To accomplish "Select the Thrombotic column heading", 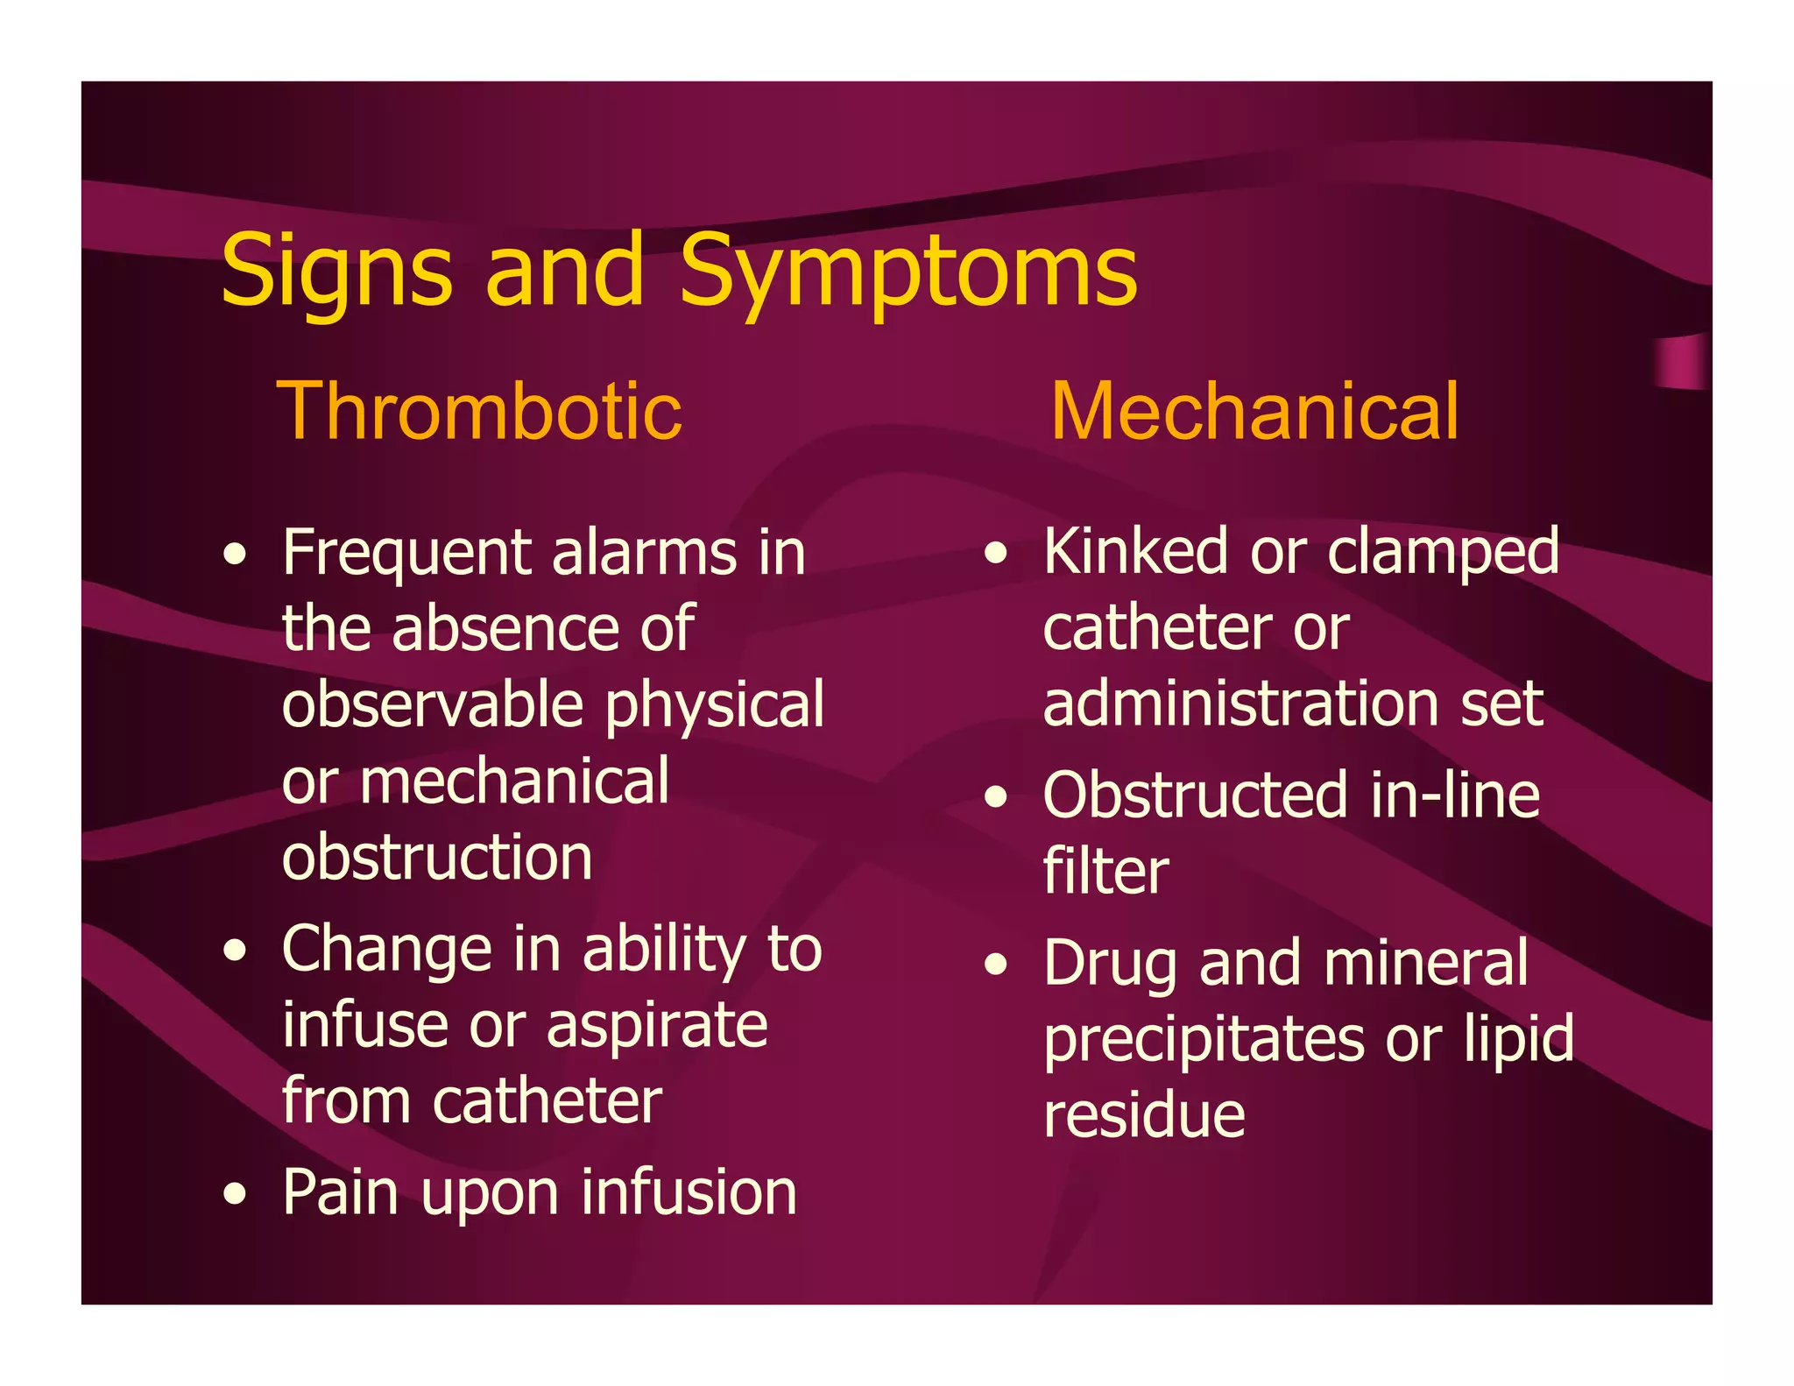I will coord(479,411).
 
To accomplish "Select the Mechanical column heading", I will coord(1254,411).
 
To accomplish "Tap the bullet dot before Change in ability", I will coord(234,951).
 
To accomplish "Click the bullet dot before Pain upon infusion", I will coord(234,1193).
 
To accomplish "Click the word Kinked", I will coord(1135,552).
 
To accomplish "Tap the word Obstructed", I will coord(1195,796).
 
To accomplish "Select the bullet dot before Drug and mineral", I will coord(995,965).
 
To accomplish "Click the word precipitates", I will coord(1204,1040).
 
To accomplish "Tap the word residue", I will coord(1144,1115).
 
